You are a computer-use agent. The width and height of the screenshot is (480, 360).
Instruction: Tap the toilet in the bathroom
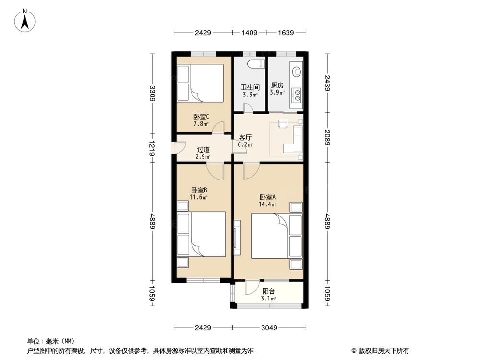point(254,64)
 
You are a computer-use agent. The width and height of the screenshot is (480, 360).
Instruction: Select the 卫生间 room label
point(250,87)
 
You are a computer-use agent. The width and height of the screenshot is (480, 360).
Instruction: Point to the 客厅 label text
point(245,137)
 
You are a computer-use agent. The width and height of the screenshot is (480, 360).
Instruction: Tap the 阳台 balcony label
point(268,291)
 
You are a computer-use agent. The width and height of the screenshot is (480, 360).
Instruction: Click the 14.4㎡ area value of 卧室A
point(268,204)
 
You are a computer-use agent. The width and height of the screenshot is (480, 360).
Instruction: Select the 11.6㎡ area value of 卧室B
point(199,197)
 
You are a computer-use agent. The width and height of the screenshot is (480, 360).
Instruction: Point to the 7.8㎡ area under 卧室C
point(201,124)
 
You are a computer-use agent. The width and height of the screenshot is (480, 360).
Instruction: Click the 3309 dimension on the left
point(152,93)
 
